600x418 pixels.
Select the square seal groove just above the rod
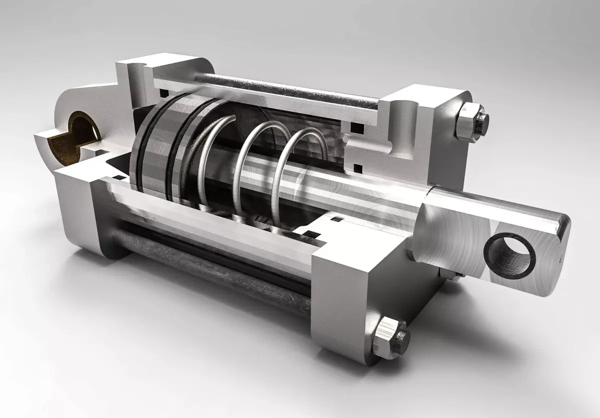[357, 166]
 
